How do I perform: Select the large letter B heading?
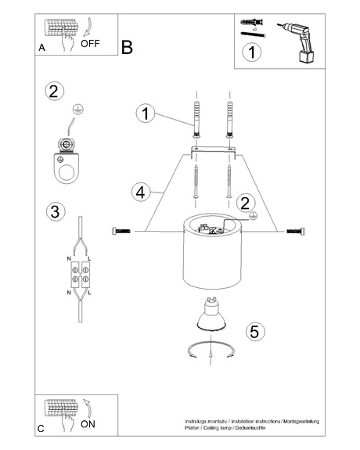pos(128,47)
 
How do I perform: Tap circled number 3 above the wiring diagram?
pos(54,211)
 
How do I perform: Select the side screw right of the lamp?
pos(297,230)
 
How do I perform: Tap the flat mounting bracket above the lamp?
pos(211,149)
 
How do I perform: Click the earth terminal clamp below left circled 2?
pos(64,156)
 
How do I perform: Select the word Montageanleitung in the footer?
pos(301,421)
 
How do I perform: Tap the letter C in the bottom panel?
pos(41,429)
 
